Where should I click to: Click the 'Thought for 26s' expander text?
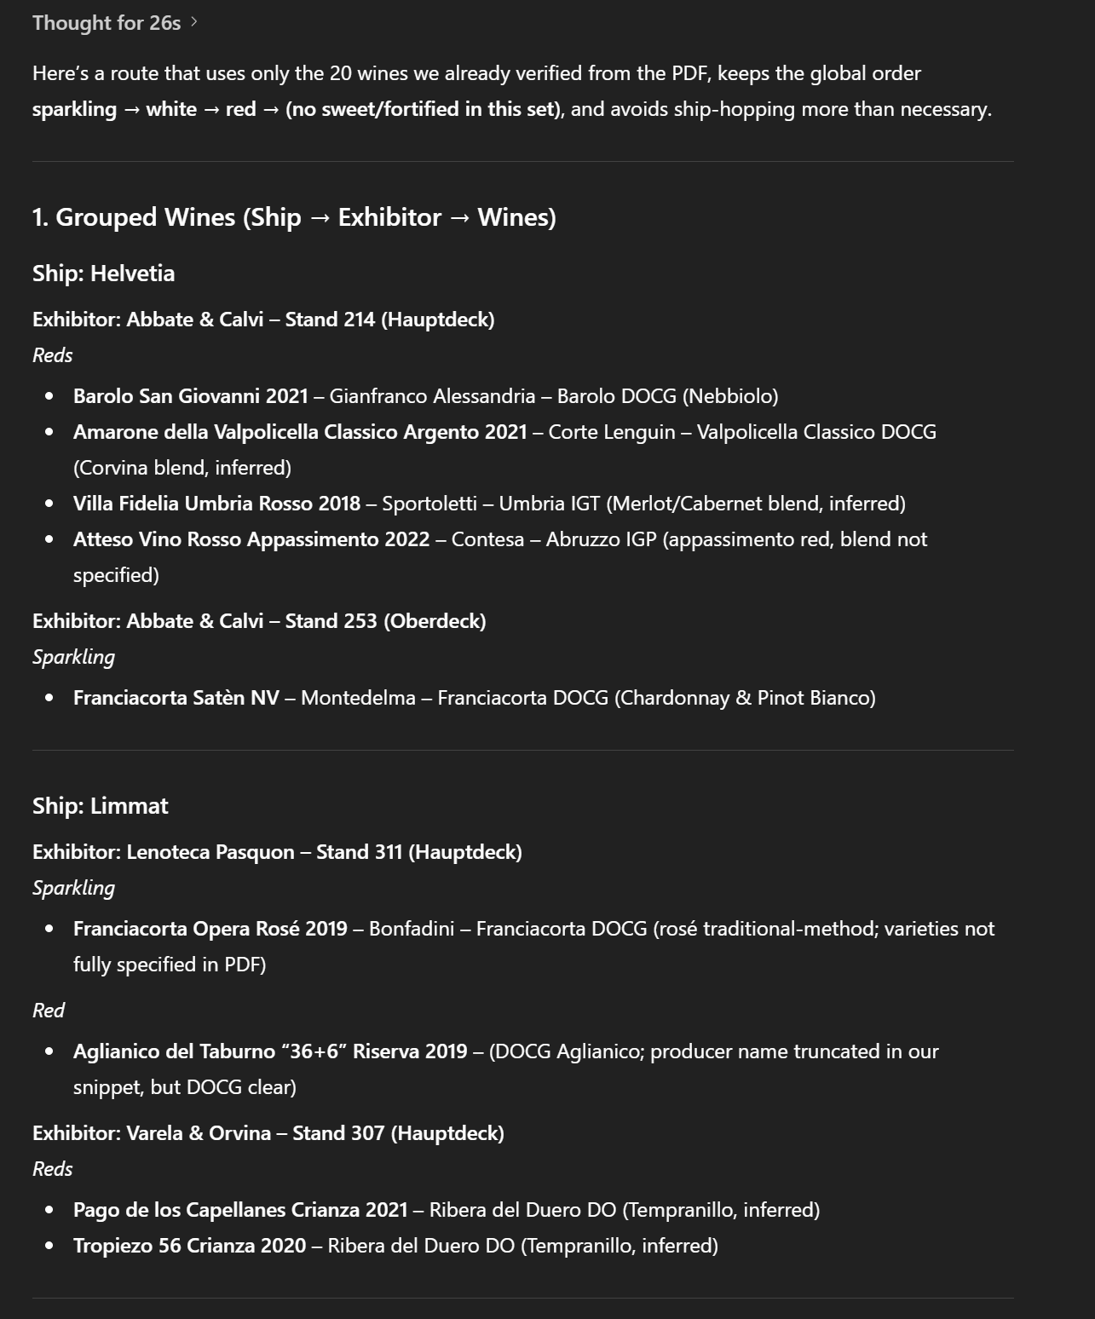(x=107, y=23)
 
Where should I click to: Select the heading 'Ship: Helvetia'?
(x=103, y=274)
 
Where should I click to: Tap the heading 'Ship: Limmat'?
(x=100, y=806)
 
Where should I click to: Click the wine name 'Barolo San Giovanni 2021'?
(x=190, y=396)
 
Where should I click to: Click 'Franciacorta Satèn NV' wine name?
(x=176, y=698)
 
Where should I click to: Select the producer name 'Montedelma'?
(x=358, y=698)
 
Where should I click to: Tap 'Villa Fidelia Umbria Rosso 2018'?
(x=216, y=504)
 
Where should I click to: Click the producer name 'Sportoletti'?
(x=429, y=504)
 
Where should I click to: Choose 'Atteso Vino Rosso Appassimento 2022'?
(x=251, y=539)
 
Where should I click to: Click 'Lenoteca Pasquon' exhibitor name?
(x=210, y=852)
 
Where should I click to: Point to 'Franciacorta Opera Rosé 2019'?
(x=210, y=929)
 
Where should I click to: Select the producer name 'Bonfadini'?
(x=411, y=929)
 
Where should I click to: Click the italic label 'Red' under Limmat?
(x=49, y=1011)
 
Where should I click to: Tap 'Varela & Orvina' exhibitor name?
(x=199, y=1133)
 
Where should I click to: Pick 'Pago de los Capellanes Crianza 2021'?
(x=240, y=1210)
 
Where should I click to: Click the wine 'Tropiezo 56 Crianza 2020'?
(x=189, y=1246)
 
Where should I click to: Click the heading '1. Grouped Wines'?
(x=136, y=217)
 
